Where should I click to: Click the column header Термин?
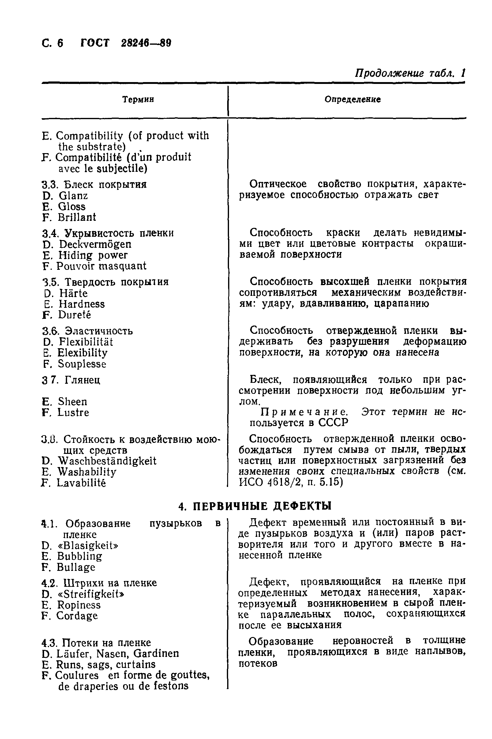point(138,100)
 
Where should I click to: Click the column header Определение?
point(352,100)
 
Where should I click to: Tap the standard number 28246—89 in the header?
point(146,43)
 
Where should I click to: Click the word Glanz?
point(73,196)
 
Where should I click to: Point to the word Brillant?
point(77,217)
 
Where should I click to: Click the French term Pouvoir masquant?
point(101,266)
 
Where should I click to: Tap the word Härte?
point(73,293)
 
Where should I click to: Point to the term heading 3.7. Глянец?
point(71,380)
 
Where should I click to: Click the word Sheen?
point(73,402)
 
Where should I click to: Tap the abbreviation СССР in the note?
point(333,423)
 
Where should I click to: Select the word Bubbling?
point(79,556)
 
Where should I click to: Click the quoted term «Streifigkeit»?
point(91,594)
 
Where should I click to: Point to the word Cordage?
point(77,616)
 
